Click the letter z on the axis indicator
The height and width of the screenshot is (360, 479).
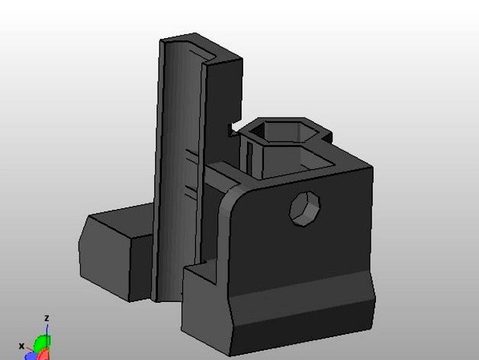tap(47, 318)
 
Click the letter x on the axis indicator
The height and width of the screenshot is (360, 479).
tap(23, 346)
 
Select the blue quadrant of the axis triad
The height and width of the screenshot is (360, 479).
tap(33, 355)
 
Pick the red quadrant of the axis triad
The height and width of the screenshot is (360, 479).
tap(46, 355)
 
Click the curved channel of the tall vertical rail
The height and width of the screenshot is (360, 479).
tap(183, 153)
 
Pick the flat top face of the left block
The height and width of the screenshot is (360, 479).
tap(122, 217)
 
